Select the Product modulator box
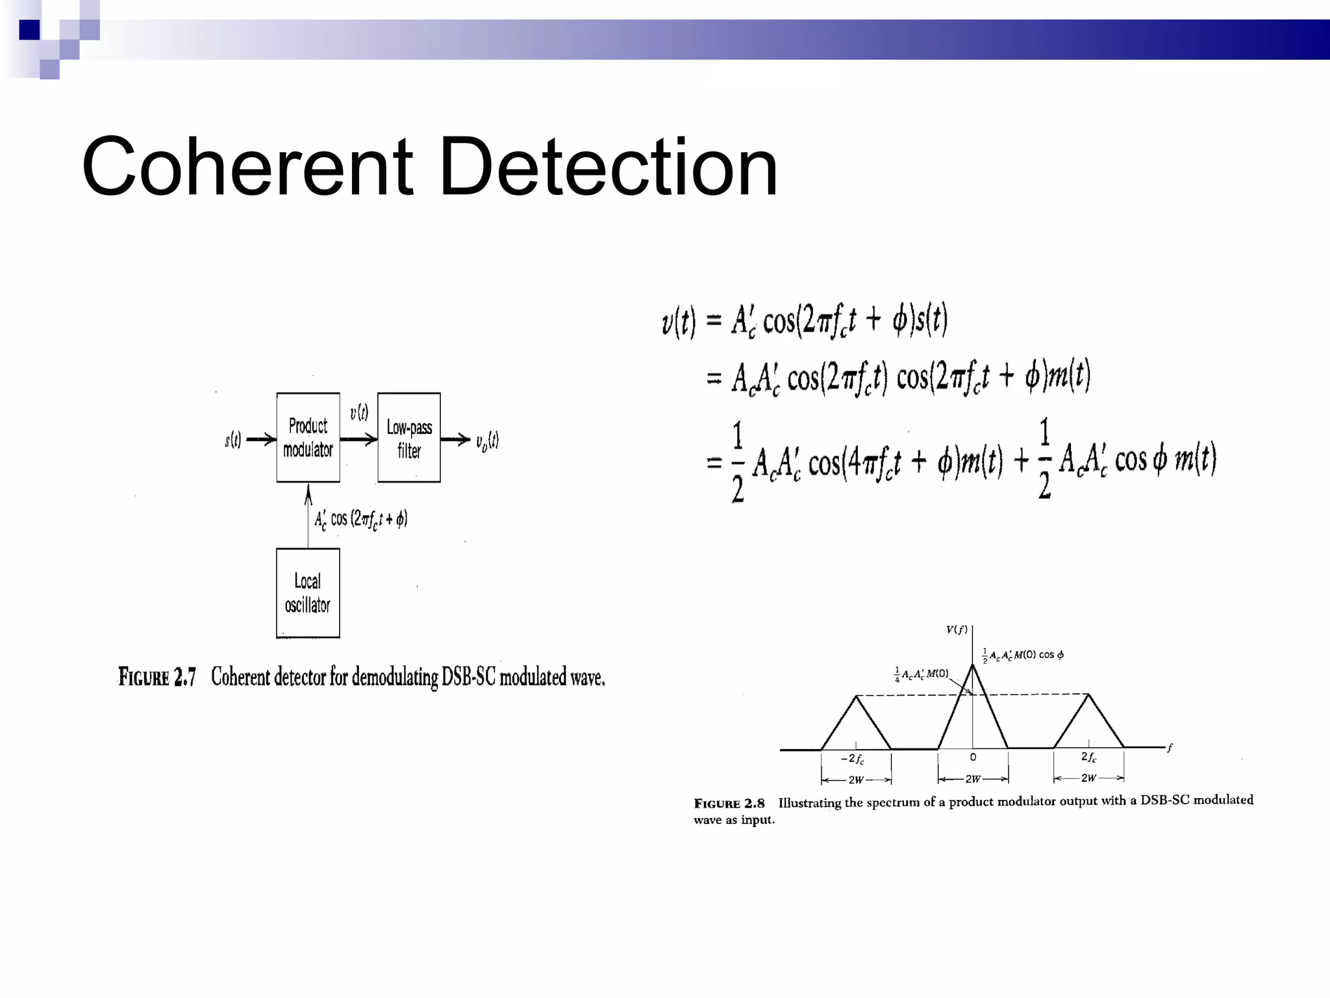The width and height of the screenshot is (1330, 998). point(308,437)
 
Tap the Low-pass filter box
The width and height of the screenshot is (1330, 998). point(409,438)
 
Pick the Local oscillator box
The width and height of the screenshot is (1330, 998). point(308,593)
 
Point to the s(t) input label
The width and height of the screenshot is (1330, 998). point(232,440)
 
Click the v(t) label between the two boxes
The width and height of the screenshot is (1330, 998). point(359,413)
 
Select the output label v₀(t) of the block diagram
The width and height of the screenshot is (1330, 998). point(487,441)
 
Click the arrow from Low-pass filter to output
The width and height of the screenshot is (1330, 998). point(455,440)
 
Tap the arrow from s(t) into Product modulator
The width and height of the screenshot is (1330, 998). point(261,440)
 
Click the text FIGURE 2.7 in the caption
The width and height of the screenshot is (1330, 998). point(157,677)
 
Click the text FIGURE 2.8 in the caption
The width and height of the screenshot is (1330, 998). point(729,804)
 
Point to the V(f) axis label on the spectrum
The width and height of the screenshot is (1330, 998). point(956,629)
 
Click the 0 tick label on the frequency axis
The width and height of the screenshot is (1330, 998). point(973,757)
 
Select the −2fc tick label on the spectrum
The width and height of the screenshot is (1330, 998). point(853,758)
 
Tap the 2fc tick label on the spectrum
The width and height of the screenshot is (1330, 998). point(1089,757)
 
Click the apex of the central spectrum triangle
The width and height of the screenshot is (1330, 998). point(973,665)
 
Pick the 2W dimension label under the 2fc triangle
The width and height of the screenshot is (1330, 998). point(1088,778)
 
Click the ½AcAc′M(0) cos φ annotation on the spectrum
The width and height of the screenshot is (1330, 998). point(1023,655)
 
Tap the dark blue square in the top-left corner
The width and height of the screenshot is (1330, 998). point(29,30)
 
